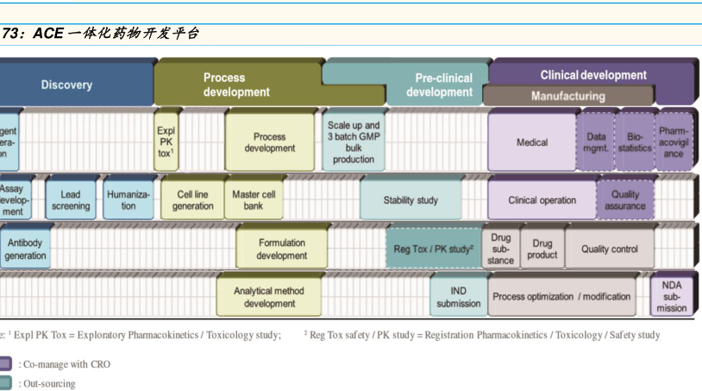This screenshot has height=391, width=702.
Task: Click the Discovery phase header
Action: (67, 85)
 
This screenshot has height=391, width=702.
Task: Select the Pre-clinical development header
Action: (439, 85)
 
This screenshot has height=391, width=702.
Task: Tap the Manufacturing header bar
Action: (567, 96)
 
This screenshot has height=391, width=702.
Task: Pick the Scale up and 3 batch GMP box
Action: (354, 142)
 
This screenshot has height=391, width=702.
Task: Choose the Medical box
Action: (531, 142)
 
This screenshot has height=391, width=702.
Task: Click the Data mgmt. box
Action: (596, 142)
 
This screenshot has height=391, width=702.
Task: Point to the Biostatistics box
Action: (635, 142)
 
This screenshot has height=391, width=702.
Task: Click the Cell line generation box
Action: (192, 200)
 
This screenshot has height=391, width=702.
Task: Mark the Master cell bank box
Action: (254, 200)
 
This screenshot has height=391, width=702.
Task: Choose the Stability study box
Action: (411, 200)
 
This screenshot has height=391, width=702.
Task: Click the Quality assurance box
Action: (625, 200)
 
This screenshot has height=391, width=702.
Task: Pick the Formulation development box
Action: (281, 249)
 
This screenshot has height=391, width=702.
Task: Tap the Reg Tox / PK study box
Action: (434, 249)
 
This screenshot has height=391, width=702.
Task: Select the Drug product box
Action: (542, 249)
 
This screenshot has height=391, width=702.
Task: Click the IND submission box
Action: (459, 297)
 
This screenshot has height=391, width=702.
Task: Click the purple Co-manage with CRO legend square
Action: (6, 364)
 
